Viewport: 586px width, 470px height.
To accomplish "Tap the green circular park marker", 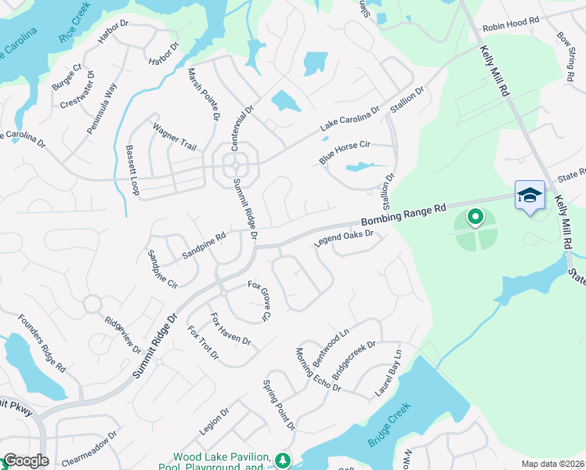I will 474,216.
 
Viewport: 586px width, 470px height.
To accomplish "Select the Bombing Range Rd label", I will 403,214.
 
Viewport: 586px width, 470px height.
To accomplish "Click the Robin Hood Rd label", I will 511,25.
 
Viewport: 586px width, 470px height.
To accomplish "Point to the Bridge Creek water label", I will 390,427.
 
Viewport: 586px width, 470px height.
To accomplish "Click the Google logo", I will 26,461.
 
